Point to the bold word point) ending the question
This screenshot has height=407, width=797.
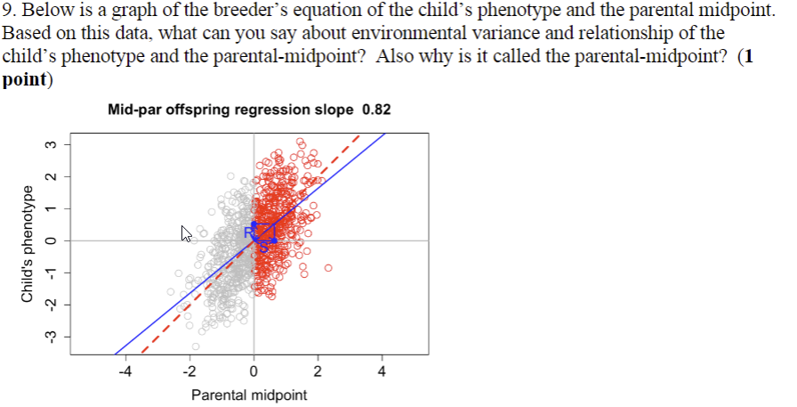27,78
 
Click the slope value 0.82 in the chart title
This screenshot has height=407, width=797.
376,110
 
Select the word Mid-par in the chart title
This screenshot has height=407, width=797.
133,110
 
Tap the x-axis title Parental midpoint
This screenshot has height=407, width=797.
250,395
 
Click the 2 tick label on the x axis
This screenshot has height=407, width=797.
318,372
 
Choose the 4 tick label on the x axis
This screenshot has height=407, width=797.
382,372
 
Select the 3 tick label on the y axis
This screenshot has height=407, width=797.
52,144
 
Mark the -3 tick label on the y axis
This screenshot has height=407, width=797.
52,336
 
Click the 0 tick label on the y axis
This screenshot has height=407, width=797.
52,240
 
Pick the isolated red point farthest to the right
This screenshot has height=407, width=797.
328,267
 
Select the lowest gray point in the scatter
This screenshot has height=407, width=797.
196,346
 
